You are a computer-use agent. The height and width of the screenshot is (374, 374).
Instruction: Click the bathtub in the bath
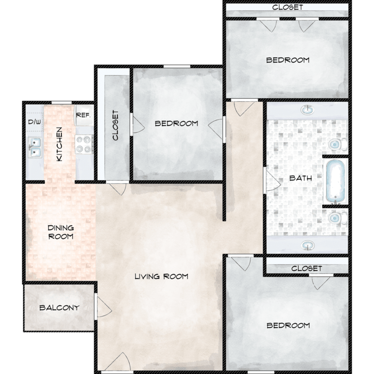336,182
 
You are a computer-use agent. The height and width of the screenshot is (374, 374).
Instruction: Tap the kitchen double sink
35,147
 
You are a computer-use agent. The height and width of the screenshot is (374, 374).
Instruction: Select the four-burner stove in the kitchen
84,144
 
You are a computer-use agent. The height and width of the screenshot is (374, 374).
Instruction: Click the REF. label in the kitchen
83,116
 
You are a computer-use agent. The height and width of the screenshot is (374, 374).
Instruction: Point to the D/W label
34,122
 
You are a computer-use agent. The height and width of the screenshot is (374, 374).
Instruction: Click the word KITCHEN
59,144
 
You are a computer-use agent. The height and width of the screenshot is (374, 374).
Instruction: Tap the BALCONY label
59,308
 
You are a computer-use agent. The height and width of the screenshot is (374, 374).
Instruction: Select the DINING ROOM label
60,232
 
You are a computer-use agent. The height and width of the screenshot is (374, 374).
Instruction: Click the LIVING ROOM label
162,276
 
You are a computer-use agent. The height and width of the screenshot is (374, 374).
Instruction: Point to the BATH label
301,178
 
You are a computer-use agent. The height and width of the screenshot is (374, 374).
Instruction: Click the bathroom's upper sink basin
308,110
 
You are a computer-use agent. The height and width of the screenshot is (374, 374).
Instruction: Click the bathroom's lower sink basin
308,245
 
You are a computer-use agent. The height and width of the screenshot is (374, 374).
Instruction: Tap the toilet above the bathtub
338,144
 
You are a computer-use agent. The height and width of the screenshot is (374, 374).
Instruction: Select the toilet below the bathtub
338,218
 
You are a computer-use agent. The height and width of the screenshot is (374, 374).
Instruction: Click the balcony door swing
103,307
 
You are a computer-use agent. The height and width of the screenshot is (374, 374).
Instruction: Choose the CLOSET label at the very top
288,7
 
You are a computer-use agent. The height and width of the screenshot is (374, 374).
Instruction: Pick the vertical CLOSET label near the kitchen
115,125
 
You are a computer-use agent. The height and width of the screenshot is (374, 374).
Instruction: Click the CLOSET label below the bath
307,269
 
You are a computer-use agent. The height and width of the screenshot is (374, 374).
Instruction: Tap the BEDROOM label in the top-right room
288,60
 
